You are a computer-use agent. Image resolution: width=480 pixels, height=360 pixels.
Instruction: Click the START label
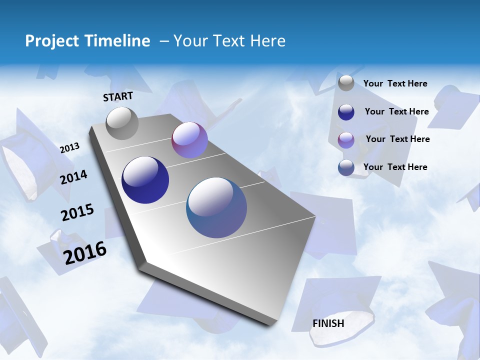[x=118, y=96]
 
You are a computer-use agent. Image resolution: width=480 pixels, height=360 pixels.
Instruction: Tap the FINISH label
[x=328, y=323]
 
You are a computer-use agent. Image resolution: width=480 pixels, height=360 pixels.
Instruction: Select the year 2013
[x=70, y=147]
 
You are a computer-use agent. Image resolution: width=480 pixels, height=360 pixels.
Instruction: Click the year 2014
[x=74, y=177]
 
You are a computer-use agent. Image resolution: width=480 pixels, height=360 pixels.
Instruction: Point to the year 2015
[x=77, y=212]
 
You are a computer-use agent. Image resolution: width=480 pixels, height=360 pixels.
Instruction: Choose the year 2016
[x=85, y=252]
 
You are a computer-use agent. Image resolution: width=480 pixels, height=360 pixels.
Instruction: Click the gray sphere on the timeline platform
[x=122, y=123]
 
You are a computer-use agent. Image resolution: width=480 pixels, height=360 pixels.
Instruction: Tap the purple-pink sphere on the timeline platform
[x=189, y=140]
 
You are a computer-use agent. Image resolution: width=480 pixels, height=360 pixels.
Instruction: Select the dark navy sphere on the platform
[x=145, y=180]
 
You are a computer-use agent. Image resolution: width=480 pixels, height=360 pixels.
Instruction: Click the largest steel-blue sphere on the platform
[x=216, y=207]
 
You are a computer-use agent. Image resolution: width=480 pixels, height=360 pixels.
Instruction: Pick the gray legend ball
[x=346, y=83]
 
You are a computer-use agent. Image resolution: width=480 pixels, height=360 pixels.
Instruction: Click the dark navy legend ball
[x=346, y=112]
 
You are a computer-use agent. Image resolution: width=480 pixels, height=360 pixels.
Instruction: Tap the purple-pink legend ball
[x=346, y=140]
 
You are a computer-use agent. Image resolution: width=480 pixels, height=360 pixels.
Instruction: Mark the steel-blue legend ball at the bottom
[x=346, y=167]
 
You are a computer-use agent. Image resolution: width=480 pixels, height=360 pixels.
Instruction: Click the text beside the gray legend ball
[x=395, y=83]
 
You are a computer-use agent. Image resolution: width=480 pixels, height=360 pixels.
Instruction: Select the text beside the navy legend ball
[x=396, y=111]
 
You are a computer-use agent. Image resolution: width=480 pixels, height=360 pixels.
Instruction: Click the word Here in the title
[x=268, y=41]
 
